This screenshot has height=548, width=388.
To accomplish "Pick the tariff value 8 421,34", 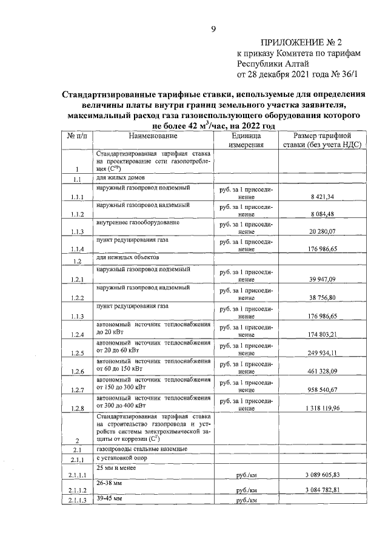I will [323, 197].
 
